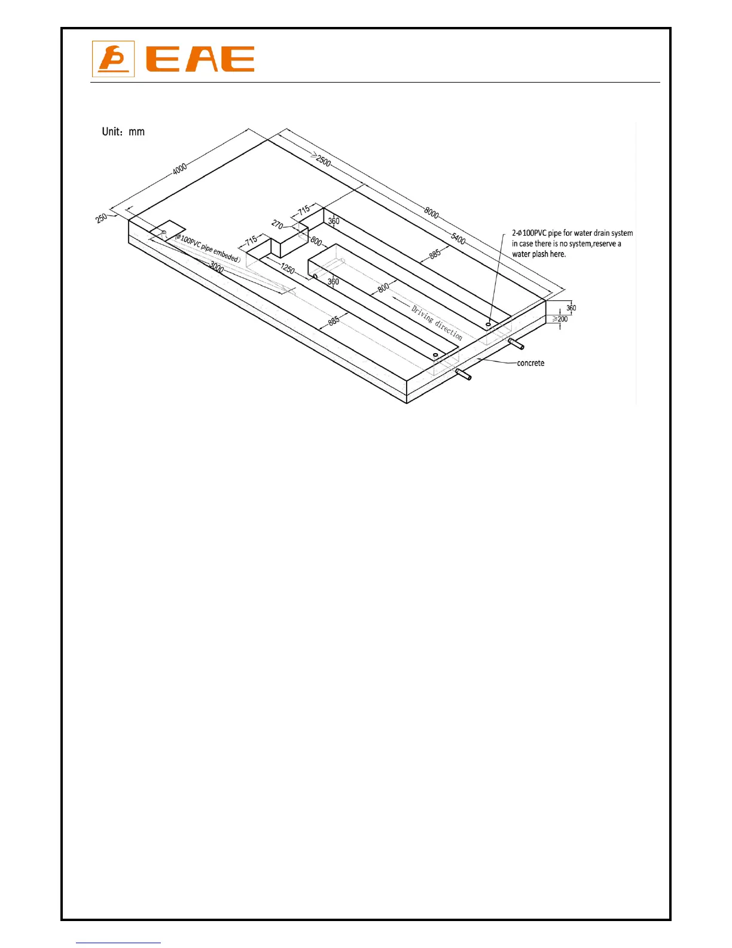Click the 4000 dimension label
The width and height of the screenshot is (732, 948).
pos(179,168)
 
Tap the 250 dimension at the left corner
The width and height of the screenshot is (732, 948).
pos(102,218)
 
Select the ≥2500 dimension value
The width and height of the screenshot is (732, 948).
pos(322,160)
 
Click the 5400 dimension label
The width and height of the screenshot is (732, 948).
pos(458,239)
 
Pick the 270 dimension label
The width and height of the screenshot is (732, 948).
pos(277,224)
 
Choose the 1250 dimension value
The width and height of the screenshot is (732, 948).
pos(288,269)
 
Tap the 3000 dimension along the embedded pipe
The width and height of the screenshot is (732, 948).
pos(216,268)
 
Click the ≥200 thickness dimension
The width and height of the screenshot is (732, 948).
pos(560,319)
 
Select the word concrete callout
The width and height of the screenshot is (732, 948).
pos(530,363)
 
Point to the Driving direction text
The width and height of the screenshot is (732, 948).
pos(437,322)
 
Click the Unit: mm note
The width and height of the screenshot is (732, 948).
pos(123,132)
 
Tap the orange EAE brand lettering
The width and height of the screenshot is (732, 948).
pos(200,59)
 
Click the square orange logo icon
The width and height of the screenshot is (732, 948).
pos(113,59)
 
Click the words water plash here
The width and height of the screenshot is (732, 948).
pos(539,254)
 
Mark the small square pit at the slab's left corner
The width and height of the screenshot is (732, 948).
pos(167,230)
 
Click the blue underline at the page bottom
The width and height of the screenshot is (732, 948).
pos(118,943)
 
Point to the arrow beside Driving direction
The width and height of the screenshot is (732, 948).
pos(399,302)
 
